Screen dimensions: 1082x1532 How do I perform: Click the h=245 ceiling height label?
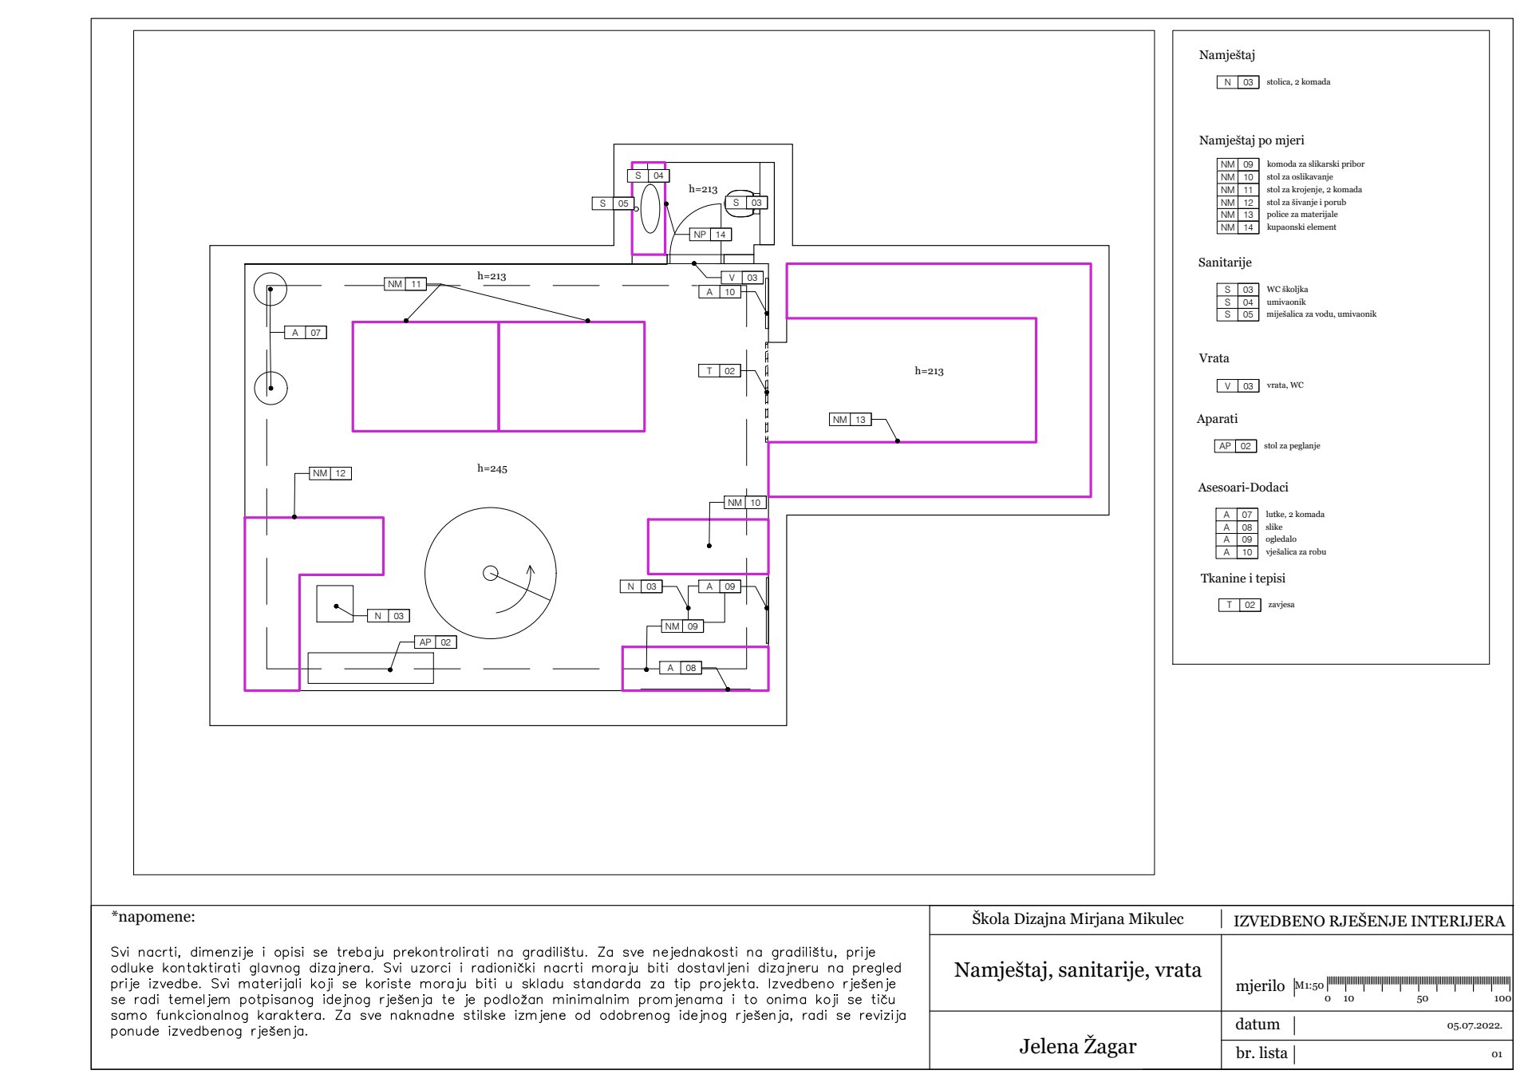point(492,469)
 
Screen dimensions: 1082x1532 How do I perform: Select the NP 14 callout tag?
point(710,235)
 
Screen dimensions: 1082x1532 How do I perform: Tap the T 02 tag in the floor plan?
point(719,371)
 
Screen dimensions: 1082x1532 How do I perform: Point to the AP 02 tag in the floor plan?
point(435,642)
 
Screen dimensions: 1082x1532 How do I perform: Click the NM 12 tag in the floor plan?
point(330,473)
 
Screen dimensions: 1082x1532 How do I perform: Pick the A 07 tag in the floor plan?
point(305,333)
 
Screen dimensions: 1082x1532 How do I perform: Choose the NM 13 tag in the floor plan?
point(850,420)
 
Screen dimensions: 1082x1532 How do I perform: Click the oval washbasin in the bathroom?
point(650,209)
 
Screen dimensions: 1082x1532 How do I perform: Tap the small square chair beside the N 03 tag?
point(335,604)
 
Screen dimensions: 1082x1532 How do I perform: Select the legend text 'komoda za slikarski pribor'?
point(1315,164)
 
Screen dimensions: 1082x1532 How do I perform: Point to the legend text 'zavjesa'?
point(1281,605)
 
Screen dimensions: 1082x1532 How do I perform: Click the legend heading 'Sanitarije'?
point(1225,263)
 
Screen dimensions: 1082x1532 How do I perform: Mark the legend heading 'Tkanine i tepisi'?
point(1242,579)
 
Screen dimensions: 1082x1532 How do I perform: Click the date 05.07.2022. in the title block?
point(1474,1026)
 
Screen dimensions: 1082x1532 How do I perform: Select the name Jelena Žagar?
point(1077,1046)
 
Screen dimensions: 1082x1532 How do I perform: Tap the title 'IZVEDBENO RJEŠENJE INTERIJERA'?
point(1368,922)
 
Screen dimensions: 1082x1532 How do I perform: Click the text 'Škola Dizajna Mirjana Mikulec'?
point(1077,919)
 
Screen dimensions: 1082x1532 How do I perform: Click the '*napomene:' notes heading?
point(153,917)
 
